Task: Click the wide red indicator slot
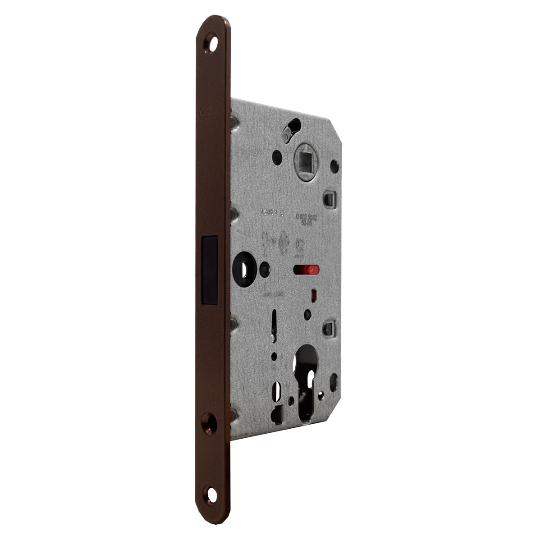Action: [305, 270]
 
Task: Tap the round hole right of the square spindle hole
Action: [334, 167]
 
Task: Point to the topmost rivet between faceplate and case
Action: [234, 120]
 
